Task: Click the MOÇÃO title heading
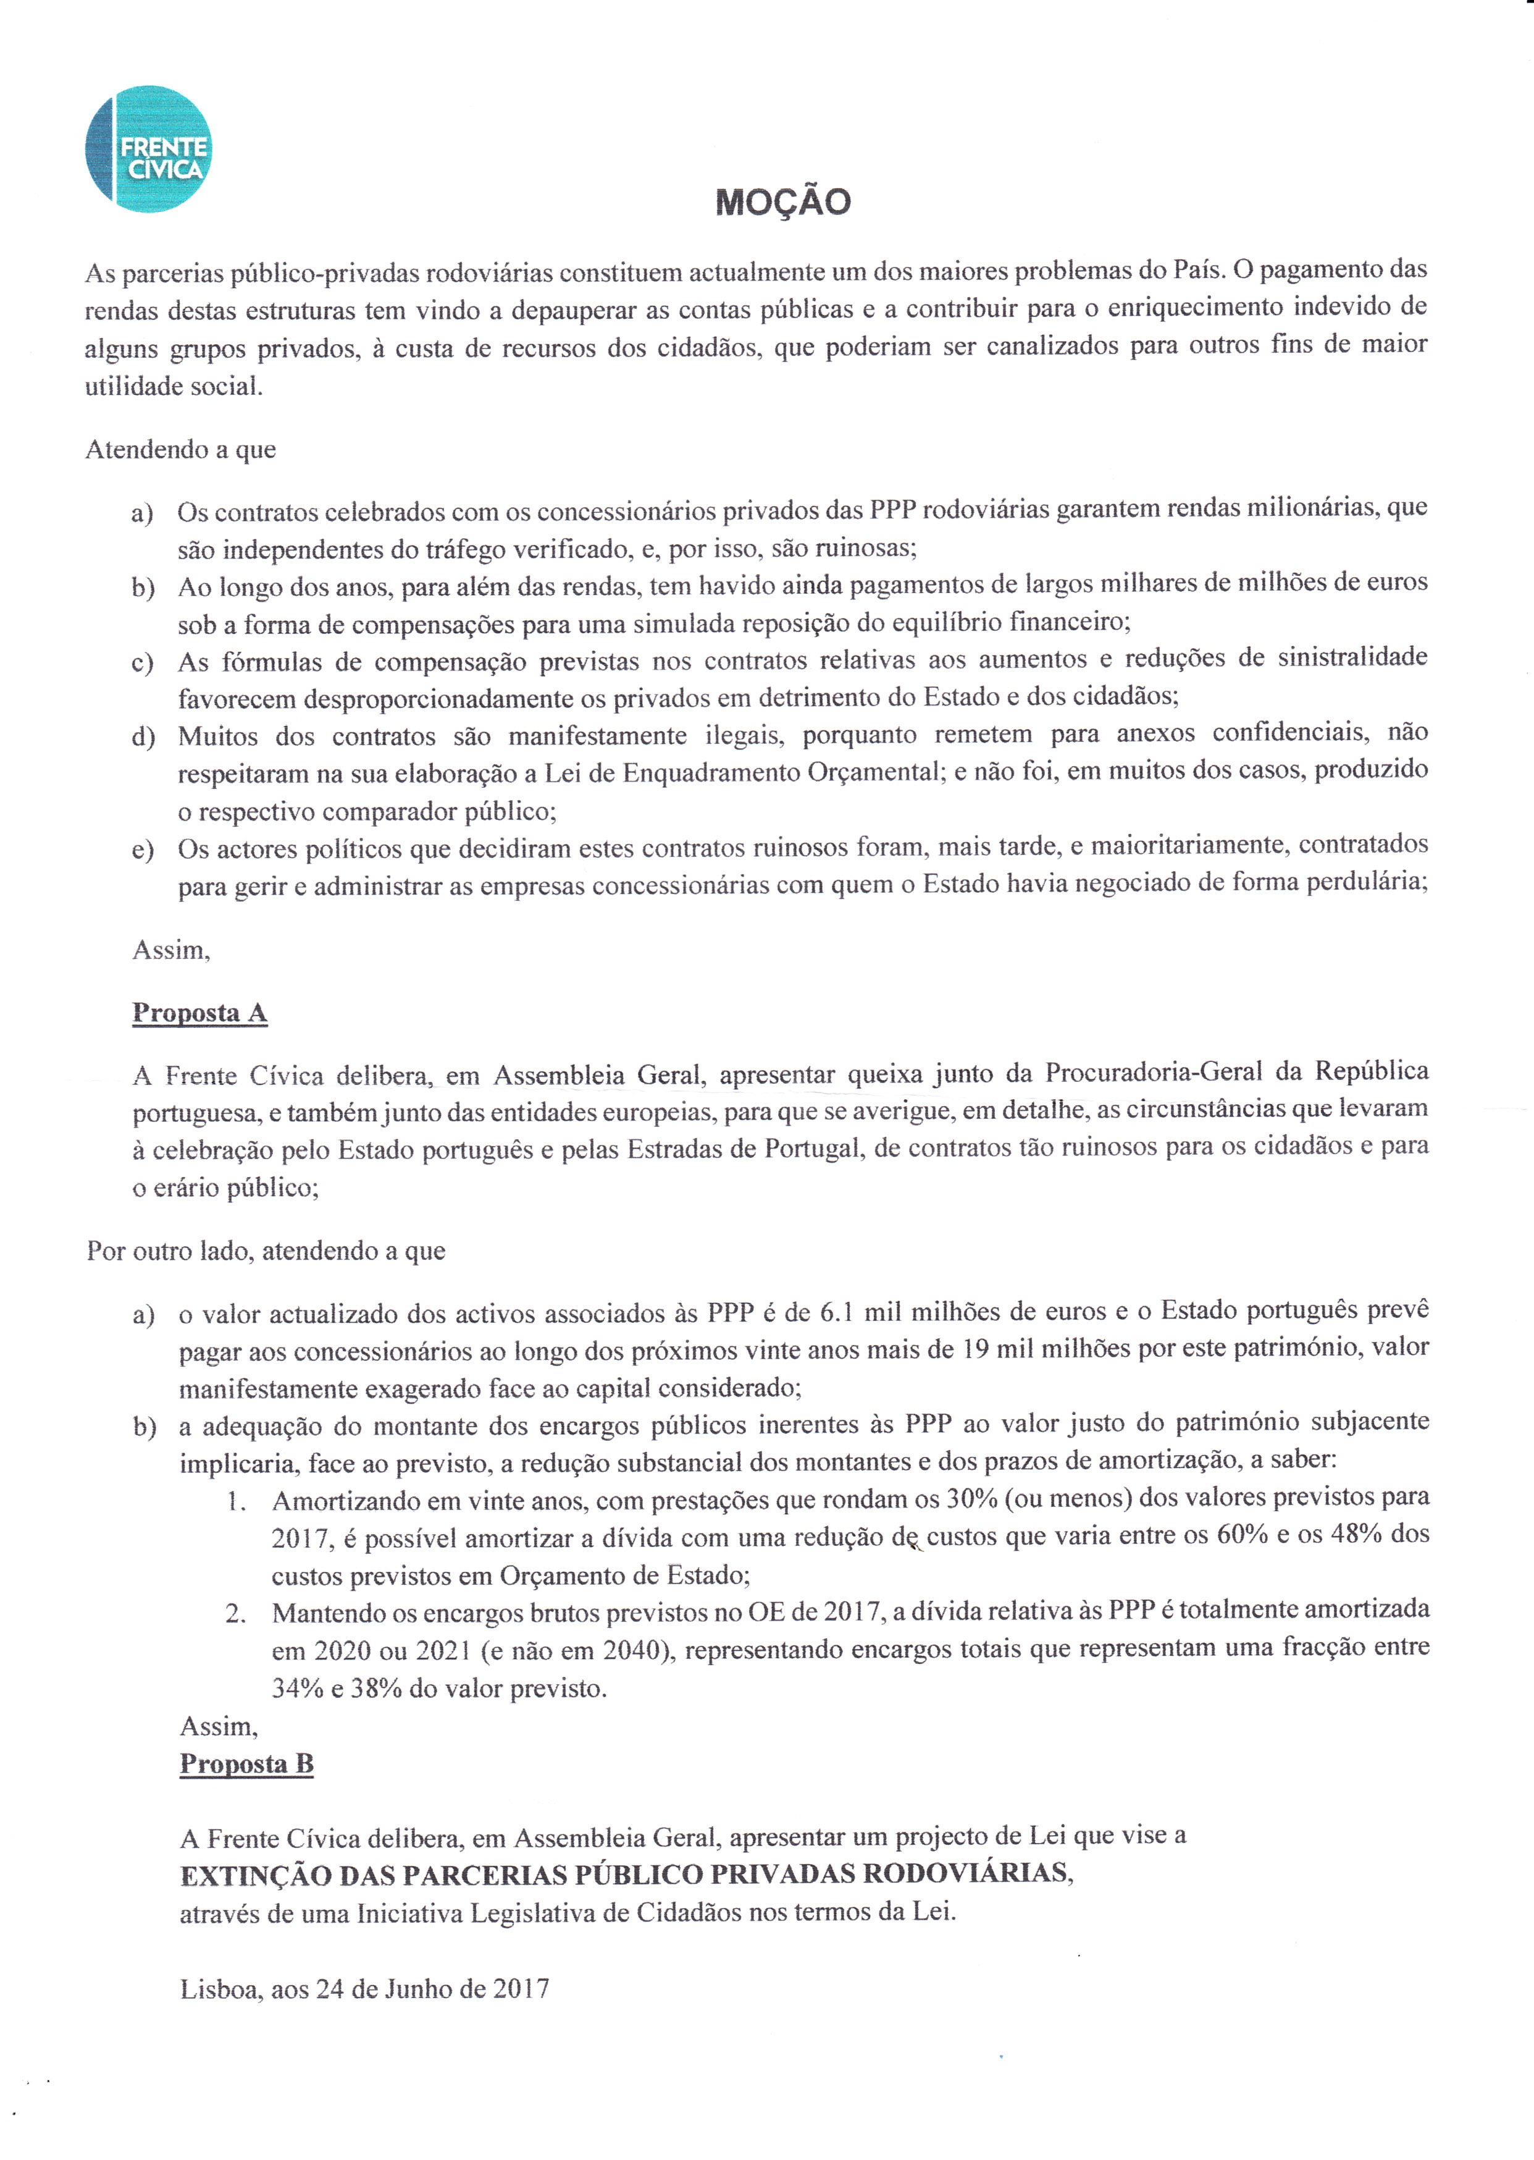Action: click(783, 202)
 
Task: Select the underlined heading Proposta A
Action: click(199, 1013)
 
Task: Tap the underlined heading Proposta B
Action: click(246, 1764)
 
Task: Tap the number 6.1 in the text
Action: click(837, 1312)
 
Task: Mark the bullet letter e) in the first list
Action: click(143, 850)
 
